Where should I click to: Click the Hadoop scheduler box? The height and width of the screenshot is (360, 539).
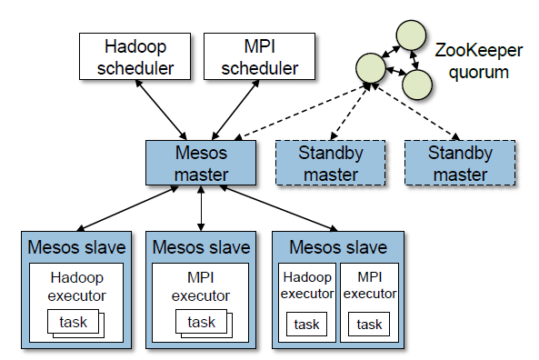point(135,55)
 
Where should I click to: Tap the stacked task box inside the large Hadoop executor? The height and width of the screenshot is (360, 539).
point(75,322)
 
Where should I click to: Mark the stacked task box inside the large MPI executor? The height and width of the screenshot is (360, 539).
point(200,322)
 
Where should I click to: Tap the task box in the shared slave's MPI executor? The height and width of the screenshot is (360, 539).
point(369,324)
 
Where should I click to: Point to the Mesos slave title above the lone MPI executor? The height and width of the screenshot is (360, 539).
point(201,247)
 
